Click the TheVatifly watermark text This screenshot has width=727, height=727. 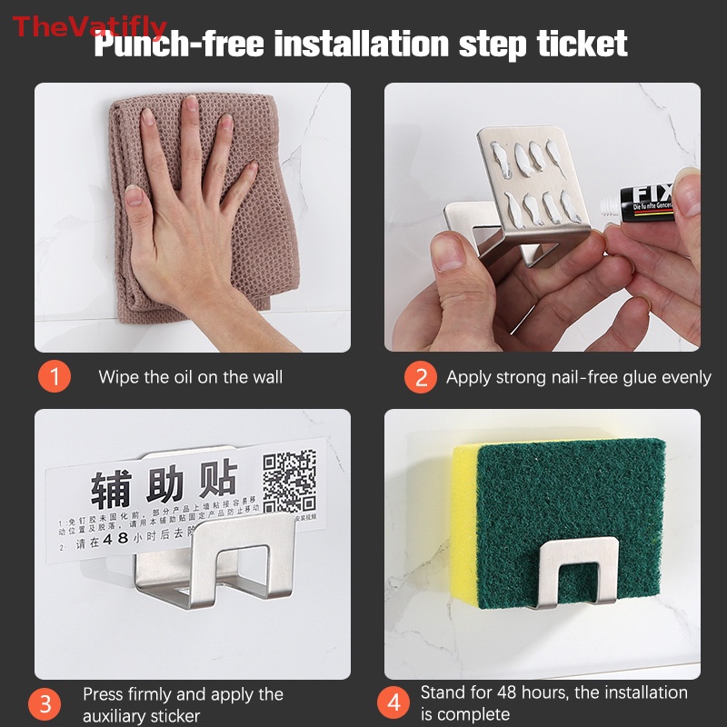coord(89,26)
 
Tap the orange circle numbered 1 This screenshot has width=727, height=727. coord(55,377)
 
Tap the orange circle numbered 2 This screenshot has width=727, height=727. coord(420,377)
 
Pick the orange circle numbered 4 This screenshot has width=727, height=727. coord(393,704)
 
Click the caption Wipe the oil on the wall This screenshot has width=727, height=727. coord(190,377)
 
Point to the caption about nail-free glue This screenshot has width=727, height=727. coord(578,377)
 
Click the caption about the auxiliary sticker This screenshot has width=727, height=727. coord(183,705)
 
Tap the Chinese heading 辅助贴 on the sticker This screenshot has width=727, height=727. coord(164,488)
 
